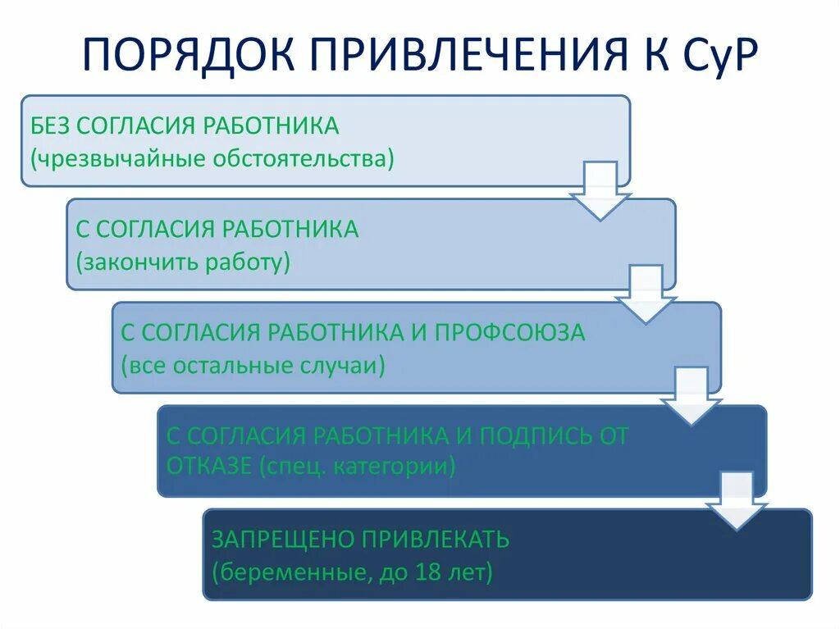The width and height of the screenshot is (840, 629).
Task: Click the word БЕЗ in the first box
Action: point(52,125)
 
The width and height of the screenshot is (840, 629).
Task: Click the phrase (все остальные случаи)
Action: point(253,365)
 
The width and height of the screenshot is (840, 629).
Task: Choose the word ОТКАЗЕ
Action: point(208,467)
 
